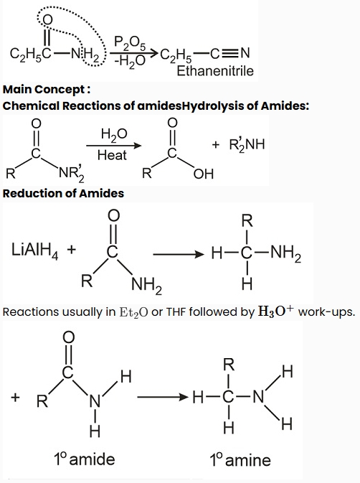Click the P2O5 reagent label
tap(130, 44)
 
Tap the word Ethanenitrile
tap(215, 71)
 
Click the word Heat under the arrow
tap(112, 155)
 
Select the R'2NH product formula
tap(247, 144)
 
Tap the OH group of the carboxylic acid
tap(204, 174)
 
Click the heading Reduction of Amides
tap(63, 194)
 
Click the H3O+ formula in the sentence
tap(275, 311)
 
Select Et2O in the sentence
tap(133, 312)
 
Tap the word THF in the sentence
tap(176, 312)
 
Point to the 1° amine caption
tap(240, 460)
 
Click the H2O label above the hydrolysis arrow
tap(113, 135)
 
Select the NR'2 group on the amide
tap(72, 174)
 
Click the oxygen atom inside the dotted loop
tap(47, 19)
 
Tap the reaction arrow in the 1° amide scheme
tap(163, 397)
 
